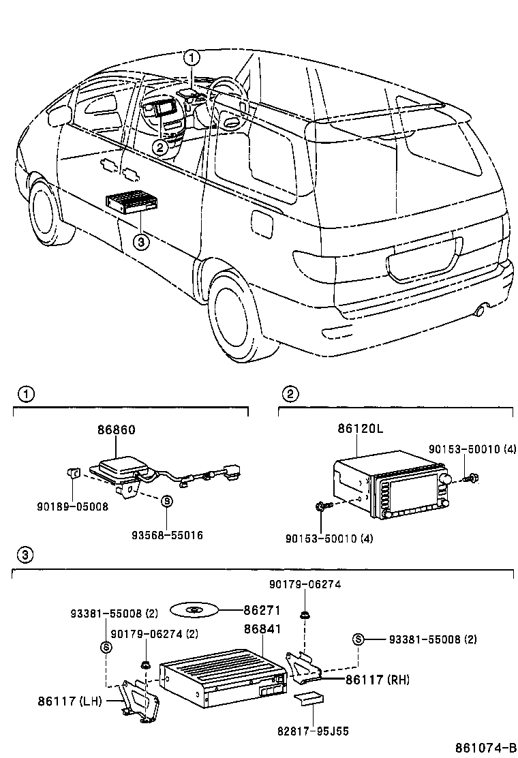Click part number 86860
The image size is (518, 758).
[x=116, y=430]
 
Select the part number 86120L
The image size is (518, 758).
[x=359, y=429]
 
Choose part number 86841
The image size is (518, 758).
[x=262, y=628]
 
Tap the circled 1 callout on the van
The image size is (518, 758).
[x=193, y=57]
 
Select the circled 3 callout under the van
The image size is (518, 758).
[x=140, y=240]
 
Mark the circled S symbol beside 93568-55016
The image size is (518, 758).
[x=167, y=500]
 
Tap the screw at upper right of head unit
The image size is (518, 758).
[x=470, y=479]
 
